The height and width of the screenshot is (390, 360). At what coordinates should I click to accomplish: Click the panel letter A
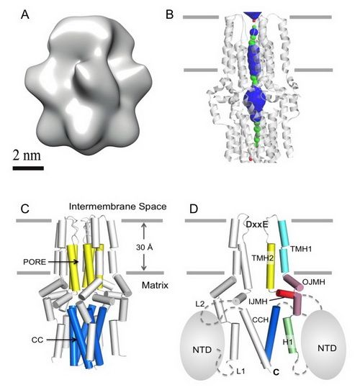(25, 14)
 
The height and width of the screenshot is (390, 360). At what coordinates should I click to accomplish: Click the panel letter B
(169, 14)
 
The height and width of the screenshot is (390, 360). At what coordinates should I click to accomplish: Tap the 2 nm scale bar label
(27, 155)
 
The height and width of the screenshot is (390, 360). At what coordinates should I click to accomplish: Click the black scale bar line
(28, 168)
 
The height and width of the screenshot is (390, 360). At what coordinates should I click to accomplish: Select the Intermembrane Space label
(117, 207)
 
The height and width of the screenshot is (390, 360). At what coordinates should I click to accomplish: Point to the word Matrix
(155, 285)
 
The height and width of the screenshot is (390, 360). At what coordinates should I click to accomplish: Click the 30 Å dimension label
(144, 248)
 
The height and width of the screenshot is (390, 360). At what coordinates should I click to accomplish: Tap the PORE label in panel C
(35, 262)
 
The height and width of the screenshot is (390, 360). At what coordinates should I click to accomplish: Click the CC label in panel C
(37, 340)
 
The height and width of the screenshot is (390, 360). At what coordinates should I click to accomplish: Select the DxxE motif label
(257, 225)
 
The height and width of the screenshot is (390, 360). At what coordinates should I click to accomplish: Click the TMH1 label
(301, 248)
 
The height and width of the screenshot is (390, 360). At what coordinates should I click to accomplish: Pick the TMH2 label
(262, 258)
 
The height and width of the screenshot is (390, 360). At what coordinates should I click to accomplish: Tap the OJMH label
(314, 282)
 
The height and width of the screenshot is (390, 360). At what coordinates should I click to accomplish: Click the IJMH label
(258, 301)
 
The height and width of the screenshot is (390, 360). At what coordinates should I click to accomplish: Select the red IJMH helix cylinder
(285, 294)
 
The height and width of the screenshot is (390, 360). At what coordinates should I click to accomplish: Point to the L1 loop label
(240, 371)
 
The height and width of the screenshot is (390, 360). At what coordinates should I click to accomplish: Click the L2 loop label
(200, 304)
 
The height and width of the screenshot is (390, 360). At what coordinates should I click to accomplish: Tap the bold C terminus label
(276, 372)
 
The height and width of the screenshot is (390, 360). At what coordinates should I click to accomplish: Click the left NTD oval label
(202, 350)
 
